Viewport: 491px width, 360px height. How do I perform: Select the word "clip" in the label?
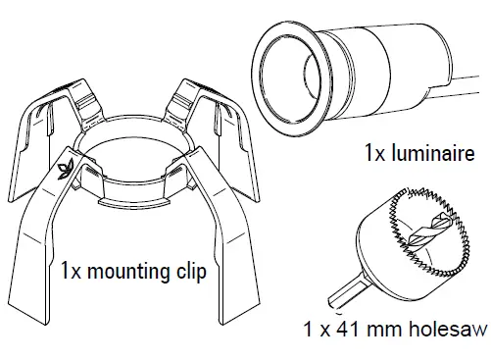pyautogui.click(x=191, y=271)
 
